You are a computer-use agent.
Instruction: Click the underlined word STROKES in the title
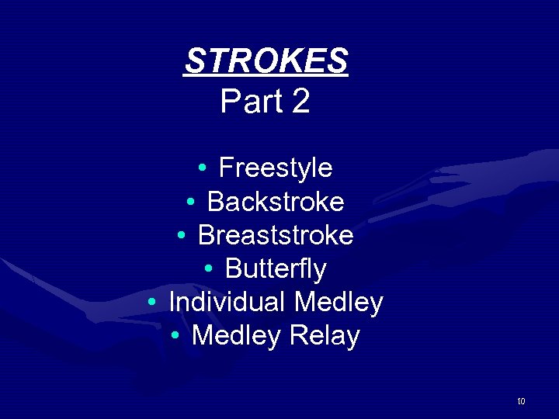click(266, 61)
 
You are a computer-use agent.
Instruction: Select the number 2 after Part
click(301, 102)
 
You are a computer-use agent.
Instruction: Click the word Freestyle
click(276, 168)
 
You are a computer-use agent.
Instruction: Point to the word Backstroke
click(276, 202)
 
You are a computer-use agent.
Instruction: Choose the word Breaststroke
click(276, 235)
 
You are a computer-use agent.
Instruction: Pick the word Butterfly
click(276, 269)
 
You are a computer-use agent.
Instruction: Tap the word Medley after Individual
click(339, 302)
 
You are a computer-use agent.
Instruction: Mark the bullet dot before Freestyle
click(202, 168)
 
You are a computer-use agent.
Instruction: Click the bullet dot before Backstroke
click(190, 203)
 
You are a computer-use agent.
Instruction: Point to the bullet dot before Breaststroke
click(181, 236)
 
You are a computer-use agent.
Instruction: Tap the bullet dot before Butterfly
click(208, 270)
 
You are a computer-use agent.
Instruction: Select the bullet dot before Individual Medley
click(152, 303)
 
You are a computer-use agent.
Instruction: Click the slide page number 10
click(521, 401)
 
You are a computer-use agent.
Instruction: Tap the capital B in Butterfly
click(234, 269)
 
